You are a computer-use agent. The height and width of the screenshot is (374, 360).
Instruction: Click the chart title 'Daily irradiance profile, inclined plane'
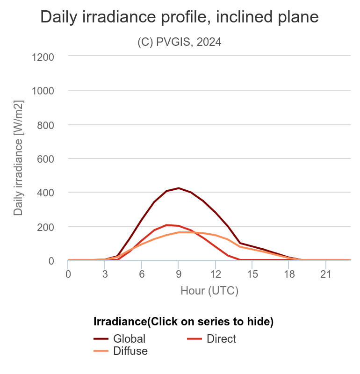coord(180,17)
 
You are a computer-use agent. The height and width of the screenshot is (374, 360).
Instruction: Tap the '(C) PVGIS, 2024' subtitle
coord(180,42)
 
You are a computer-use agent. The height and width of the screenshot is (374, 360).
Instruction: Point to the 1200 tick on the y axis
coord(43,57)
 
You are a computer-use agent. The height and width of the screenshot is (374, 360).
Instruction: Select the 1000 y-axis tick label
coord(43,91)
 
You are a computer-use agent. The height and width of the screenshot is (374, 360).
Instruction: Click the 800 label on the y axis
coord(46,125)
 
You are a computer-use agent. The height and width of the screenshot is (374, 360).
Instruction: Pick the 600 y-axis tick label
coord(46,159)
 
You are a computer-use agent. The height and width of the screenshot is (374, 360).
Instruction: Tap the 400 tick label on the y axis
coord(46,193)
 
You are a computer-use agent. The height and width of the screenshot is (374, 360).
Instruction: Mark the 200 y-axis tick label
coord(46,227)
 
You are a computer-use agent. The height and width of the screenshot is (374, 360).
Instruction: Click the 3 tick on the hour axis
coord(105,273)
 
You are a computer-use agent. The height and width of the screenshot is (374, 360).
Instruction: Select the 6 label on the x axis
coord(142,273)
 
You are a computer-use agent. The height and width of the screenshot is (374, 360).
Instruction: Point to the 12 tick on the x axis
coord(215,273)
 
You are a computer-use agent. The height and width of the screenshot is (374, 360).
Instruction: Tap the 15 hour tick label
coord(252,273)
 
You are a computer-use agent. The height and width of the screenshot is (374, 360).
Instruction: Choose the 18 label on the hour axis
coord(289,273)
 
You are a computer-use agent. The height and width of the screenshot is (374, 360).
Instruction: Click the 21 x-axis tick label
coord(325,273)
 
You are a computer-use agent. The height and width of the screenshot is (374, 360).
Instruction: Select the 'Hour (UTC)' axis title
coord(209,291)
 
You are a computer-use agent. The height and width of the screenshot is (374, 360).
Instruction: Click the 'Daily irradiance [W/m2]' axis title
coord(18,158)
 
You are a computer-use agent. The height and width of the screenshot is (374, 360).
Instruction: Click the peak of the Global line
coord(179,188)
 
